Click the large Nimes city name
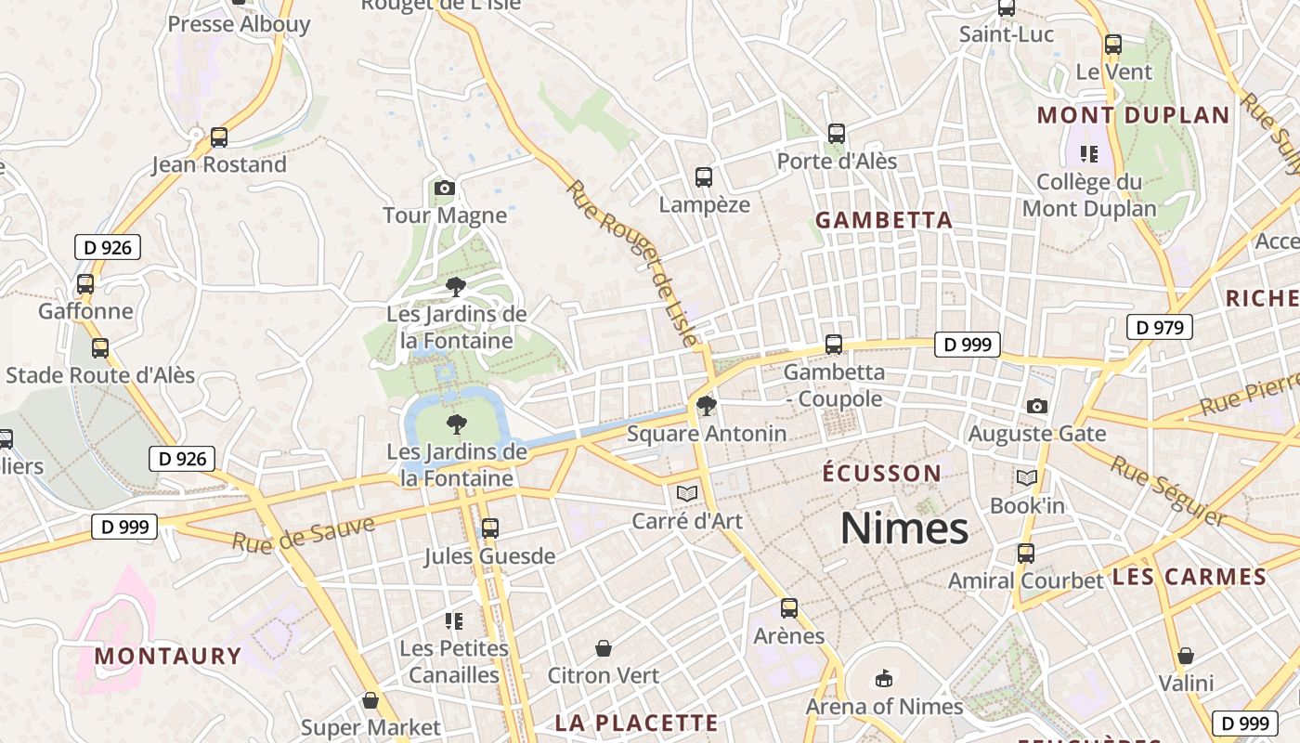[904, 528]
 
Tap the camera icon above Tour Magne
[445, 189]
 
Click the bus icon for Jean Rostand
[219, 137]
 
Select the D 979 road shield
[1159, 327]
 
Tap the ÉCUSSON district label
[882, 474]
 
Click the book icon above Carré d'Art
[687, 493]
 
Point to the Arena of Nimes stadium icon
[884, 679]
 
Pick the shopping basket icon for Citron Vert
[604, 648]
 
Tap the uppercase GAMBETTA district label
[884, 220]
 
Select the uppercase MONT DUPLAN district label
[1133, 115]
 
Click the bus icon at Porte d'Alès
[837, 134]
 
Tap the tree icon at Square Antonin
[706, 406]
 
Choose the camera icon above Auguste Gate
[1037, 406]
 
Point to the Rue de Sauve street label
[304, 532]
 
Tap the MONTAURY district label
[168, 656]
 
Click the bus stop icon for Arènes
[789, 608]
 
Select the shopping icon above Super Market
[370, 700]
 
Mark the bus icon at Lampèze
[704, 176]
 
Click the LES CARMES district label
[1189, 577]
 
